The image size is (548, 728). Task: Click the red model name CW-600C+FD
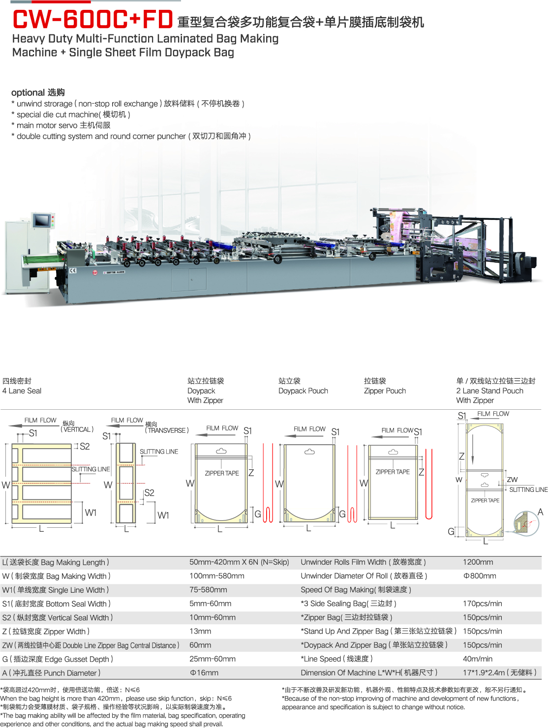click(x=92, y=19)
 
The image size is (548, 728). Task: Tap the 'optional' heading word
click(x=28, y=92)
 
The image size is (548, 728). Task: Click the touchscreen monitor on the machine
click(x=42, y=220)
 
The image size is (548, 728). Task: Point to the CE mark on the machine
click(x=73, y=271)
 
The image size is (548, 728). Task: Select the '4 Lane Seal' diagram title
click(x=22, y=391)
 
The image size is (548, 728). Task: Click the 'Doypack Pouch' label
click(x=303, y=391)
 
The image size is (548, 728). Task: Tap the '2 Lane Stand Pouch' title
click(x=489, y=391)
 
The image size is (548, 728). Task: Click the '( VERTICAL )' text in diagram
click(x=77, y=429)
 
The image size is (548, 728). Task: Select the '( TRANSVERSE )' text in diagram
click(x=167, y=430)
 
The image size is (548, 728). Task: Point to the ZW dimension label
click(x=512, y=479)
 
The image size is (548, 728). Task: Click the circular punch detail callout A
click(x=526, y=524)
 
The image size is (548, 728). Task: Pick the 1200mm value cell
click(x=478, y=562)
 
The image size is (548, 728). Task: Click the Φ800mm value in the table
click(x=479, y=576)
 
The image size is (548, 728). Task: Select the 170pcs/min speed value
click(x=483, y=603)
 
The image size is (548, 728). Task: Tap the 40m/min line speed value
click(x=477, y=659)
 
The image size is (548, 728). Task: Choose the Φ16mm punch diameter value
click(x=204, y=672)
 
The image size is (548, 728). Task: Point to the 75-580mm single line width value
click(x=208, y=590)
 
